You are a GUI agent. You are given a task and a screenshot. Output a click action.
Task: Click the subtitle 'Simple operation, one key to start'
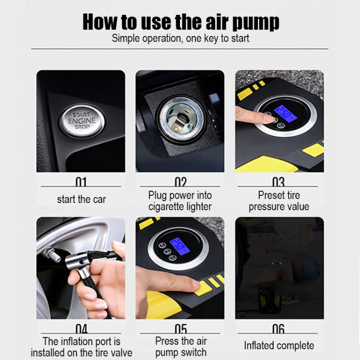[x=180, y=39]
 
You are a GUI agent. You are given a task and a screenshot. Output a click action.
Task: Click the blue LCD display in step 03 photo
[x=284, y=113]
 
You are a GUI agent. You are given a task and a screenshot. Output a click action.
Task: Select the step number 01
[x=81, y=182]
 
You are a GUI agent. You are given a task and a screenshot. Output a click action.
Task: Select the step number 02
[x=180, y=182]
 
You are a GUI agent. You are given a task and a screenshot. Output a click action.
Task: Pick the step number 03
[x=278, y=182]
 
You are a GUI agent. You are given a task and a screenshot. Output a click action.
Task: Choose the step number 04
[x=81, y=329]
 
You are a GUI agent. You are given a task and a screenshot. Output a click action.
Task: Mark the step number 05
[x=180, y=329]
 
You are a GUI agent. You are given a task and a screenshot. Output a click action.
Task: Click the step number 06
[x=278, y=329]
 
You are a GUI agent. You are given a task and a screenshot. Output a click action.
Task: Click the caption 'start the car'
[x=81, y=199]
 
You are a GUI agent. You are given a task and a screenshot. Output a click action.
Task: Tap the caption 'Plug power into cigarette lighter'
[x=180, y=201]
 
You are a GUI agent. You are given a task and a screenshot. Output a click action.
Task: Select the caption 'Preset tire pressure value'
[x=279, y=201]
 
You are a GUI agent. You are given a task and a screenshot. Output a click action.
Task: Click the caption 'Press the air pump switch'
[x=180, y=347]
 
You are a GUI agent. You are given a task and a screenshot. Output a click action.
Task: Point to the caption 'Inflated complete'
[x=279, y=346]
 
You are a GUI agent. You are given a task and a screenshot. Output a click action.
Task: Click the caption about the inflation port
[x=81, y=347]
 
